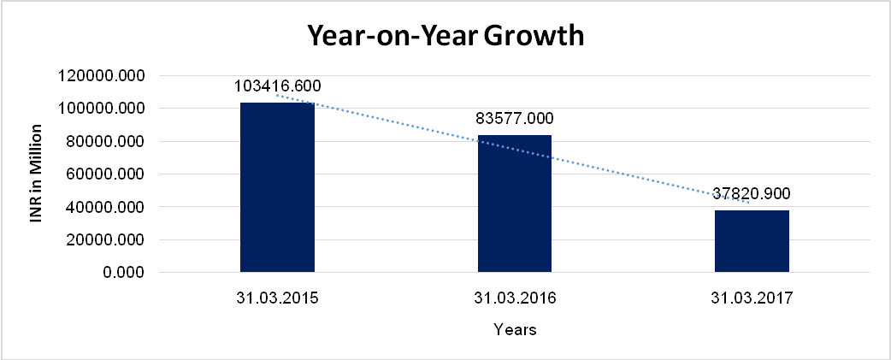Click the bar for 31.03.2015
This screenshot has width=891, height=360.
point(277,188)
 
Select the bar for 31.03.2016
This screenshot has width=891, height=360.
point(514,204)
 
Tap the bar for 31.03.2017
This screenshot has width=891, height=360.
point(752,241)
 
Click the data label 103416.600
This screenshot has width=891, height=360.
point(277,86)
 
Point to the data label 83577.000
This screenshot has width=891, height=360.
point(514,119)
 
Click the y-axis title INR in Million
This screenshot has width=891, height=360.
point(37,174)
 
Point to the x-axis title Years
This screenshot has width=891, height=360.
point(515,330)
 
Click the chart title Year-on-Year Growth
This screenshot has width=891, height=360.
point(445,37)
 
